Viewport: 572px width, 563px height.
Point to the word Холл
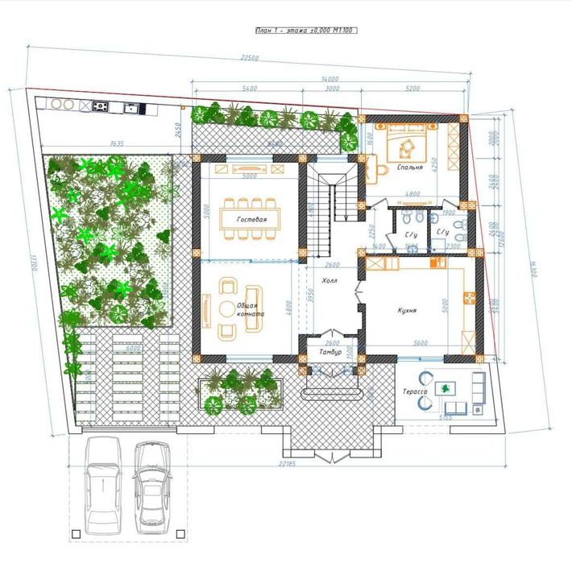pyautogui.click(x=330, y=282)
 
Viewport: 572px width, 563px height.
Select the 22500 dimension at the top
pyautogui.click(x=251, y=58)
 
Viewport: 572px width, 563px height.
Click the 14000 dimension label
pyautogui.click(x=330, y=79)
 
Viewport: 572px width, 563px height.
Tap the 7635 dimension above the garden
pyautogui.click(x=116, y=144)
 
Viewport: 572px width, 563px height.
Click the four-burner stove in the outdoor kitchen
pyautogui.click(x=101, y=106)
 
